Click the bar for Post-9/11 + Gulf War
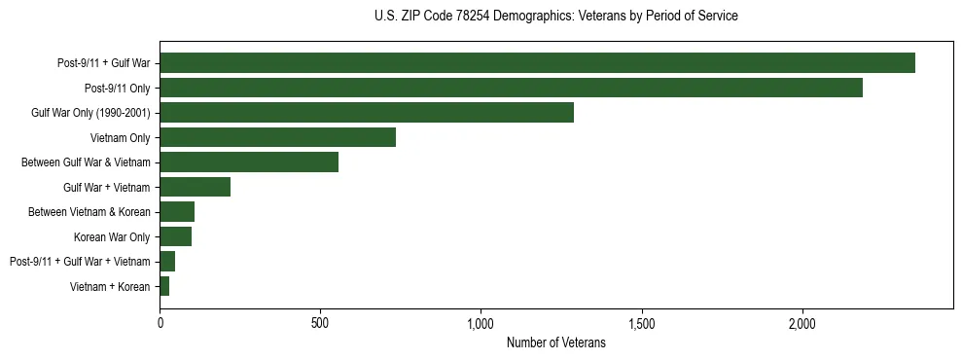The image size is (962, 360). [537, 63]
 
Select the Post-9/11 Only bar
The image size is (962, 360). [511, 88]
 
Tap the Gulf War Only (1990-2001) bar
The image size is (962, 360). [367, 113]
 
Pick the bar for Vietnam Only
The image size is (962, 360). [277, 137]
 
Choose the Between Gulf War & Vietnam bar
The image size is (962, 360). [249, 162]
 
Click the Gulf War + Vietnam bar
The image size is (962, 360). [195, 187]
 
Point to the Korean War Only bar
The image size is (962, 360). [175, 236]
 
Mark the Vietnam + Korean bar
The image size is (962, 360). [164, 286]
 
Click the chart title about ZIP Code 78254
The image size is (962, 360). [555, 17]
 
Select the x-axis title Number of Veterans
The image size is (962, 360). [555, 343]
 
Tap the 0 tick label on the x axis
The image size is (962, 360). [160, 323]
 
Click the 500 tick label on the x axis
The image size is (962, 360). [320, 323]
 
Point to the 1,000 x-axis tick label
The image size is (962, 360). [481, 323]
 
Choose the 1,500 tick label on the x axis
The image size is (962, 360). [642, 323]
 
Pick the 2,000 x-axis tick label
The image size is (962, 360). [802, 323]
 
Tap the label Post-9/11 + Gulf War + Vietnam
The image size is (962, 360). [80, 262]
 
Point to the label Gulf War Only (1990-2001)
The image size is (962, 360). [90, 113]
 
